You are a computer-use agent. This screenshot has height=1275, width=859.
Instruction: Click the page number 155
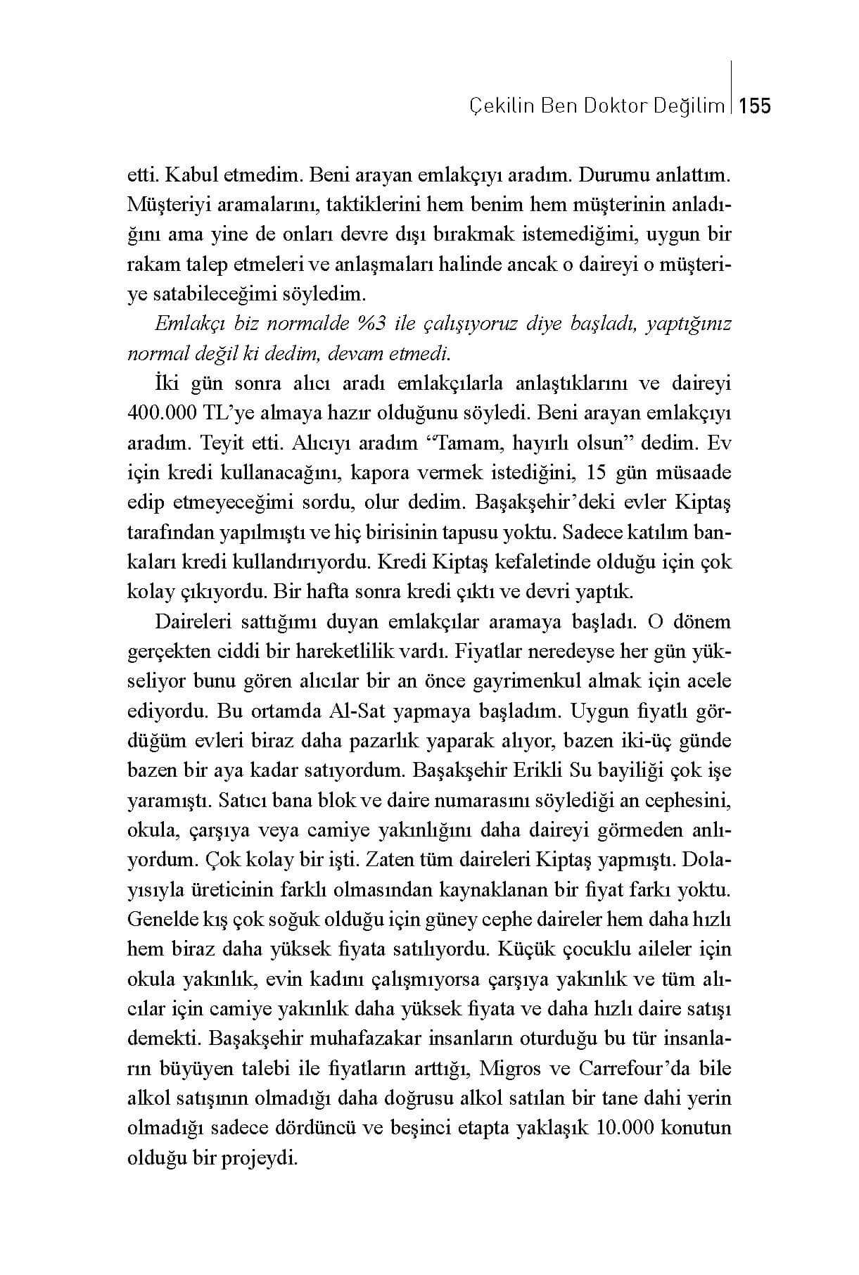click(756, 106)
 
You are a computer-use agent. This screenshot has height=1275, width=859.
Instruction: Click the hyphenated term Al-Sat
click(356, 711)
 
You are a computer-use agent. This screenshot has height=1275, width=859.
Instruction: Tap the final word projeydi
click(260, 1158)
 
